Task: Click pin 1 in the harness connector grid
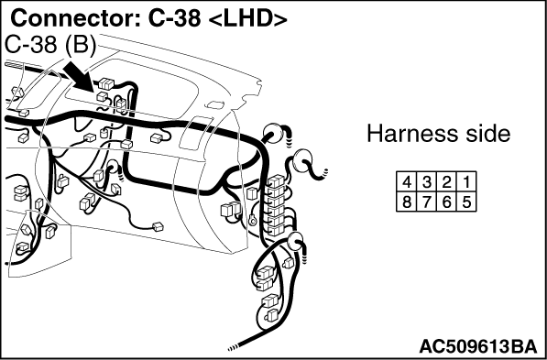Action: [466, 182]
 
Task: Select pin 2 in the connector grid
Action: [446, 182]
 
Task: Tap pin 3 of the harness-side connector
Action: [427, 182]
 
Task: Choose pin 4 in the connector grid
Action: [407, 182]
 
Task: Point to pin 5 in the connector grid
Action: [466, 202]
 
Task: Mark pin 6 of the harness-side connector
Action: [446, 202]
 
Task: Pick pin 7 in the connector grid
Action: [427, 202]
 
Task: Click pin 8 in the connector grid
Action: [407, 202]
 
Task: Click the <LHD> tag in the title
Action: [247, 19]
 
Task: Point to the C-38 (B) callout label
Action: [51, 46]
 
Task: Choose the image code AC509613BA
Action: [478, 347]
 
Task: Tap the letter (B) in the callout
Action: [81, 46]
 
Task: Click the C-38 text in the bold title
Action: [174, 18]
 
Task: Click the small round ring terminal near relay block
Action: [252, 220]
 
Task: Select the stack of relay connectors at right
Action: [278, 205]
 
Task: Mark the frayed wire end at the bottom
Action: [233, 348]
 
